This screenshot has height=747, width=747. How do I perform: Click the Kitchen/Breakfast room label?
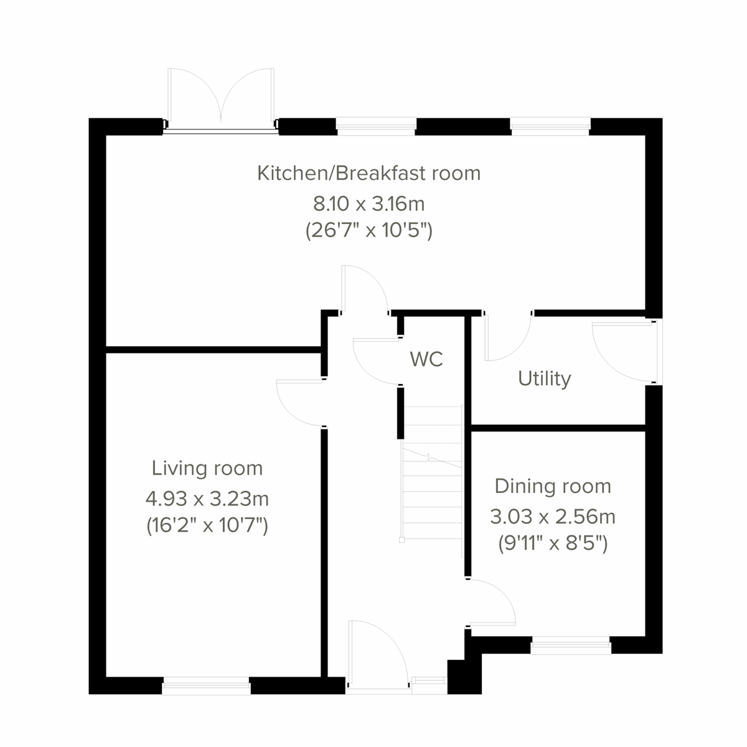click(x=369, y=172)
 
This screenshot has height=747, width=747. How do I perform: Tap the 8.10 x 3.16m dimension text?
click(x=369, y=203)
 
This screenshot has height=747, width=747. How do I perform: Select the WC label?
click(x=426, y=359)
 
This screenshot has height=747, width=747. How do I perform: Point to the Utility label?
click(x=544, y=378)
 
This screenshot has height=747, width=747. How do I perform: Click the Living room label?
click(x=207, y=468)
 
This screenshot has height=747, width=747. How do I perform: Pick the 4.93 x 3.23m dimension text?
click(x=207, y=499)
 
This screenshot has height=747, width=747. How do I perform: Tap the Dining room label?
click(x=553, y=486)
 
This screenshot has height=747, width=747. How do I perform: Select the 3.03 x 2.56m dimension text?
click(x=553, y=516)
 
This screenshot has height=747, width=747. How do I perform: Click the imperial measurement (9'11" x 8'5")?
click(x=553, y=544)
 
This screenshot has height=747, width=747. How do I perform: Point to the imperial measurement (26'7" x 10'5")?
click(x=369, y=231)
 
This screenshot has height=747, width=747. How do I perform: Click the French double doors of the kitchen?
click(x=221, y=100)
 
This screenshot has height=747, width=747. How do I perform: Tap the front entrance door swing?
click(x=374, y=654)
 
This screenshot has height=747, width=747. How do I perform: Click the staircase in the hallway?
click(x=433, y=473)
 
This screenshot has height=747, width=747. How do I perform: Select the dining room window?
click(x=570, y=646)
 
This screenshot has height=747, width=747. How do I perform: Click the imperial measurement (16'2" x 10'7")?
click(x=207, y=527)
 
